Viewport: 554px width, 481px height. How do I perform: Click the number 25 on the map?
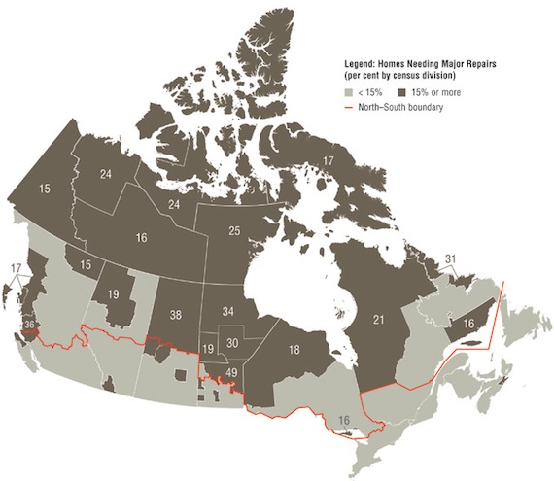(x=232, y=230)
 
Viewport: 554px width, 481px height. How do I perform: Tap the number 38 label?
(x=176, y=315)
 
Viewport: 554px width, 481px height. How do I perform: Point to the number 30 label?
(x=232, y=343)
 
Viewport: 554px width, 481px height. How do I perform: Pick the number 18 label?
(x=294, y=349)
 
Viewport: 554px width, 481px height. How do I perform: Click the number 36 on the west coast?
(x=29, y=325)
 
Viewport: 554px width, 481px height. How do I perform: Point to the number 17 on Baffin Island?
(x=329, y=160)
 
